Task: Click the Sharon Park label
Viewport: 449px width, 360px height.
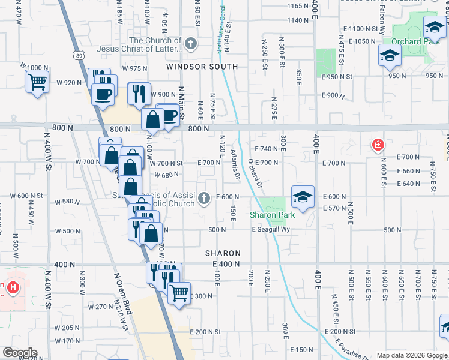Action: (x=272, y=215)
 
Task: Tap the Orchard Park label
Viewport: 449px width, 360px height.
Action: (x=411, y=41)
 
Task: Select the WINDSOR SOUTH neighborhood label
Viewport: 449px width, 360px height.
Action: (x=202, y=66)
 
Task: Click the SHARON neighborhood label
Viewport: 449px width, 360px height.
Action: (x=223, y=254)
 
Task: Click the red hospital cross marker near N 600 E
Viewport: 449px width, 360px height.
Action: (x=378, y=145)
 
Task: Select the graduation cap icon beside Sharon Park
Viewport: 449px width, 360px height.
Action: (x=303, y=196)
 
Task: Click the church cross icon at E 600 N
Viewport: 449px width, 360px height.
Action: (x=205, y=197)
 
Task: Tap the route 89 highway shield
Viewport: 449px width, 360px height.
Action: (x=80, y=55)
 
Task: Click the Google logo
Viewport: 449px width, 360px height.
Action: (x=19, y=353)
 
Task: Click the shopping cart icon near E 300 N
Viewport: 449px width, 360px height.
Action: (x=179, y=293)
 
